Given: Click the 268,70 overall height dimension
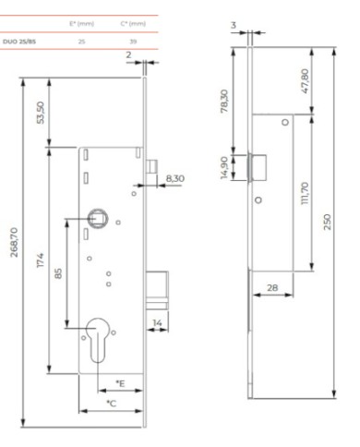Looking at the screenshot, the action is [x=14, y=242].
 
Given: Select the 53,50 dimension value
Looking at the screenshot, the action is [x=41, y=113].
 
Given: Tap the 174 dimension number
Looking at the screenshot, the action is [x=41, y=260].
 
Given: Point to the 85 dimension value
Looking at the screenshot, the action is [x=58, y=273].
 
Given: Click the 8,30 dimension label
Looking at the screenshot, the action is [x=175, y=178].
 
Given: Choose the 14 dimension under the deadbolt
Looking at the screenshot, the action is [x=157, y=323].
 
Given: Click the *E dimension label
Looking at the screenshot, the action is [x=120, y=383].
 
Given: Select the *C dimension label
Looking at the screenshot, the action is [x=112, y=404].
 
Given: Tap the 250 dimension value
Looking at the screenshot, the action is [x=328, y=222].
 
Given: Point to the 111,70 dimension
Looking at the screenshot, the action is [x=305, y=193].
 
